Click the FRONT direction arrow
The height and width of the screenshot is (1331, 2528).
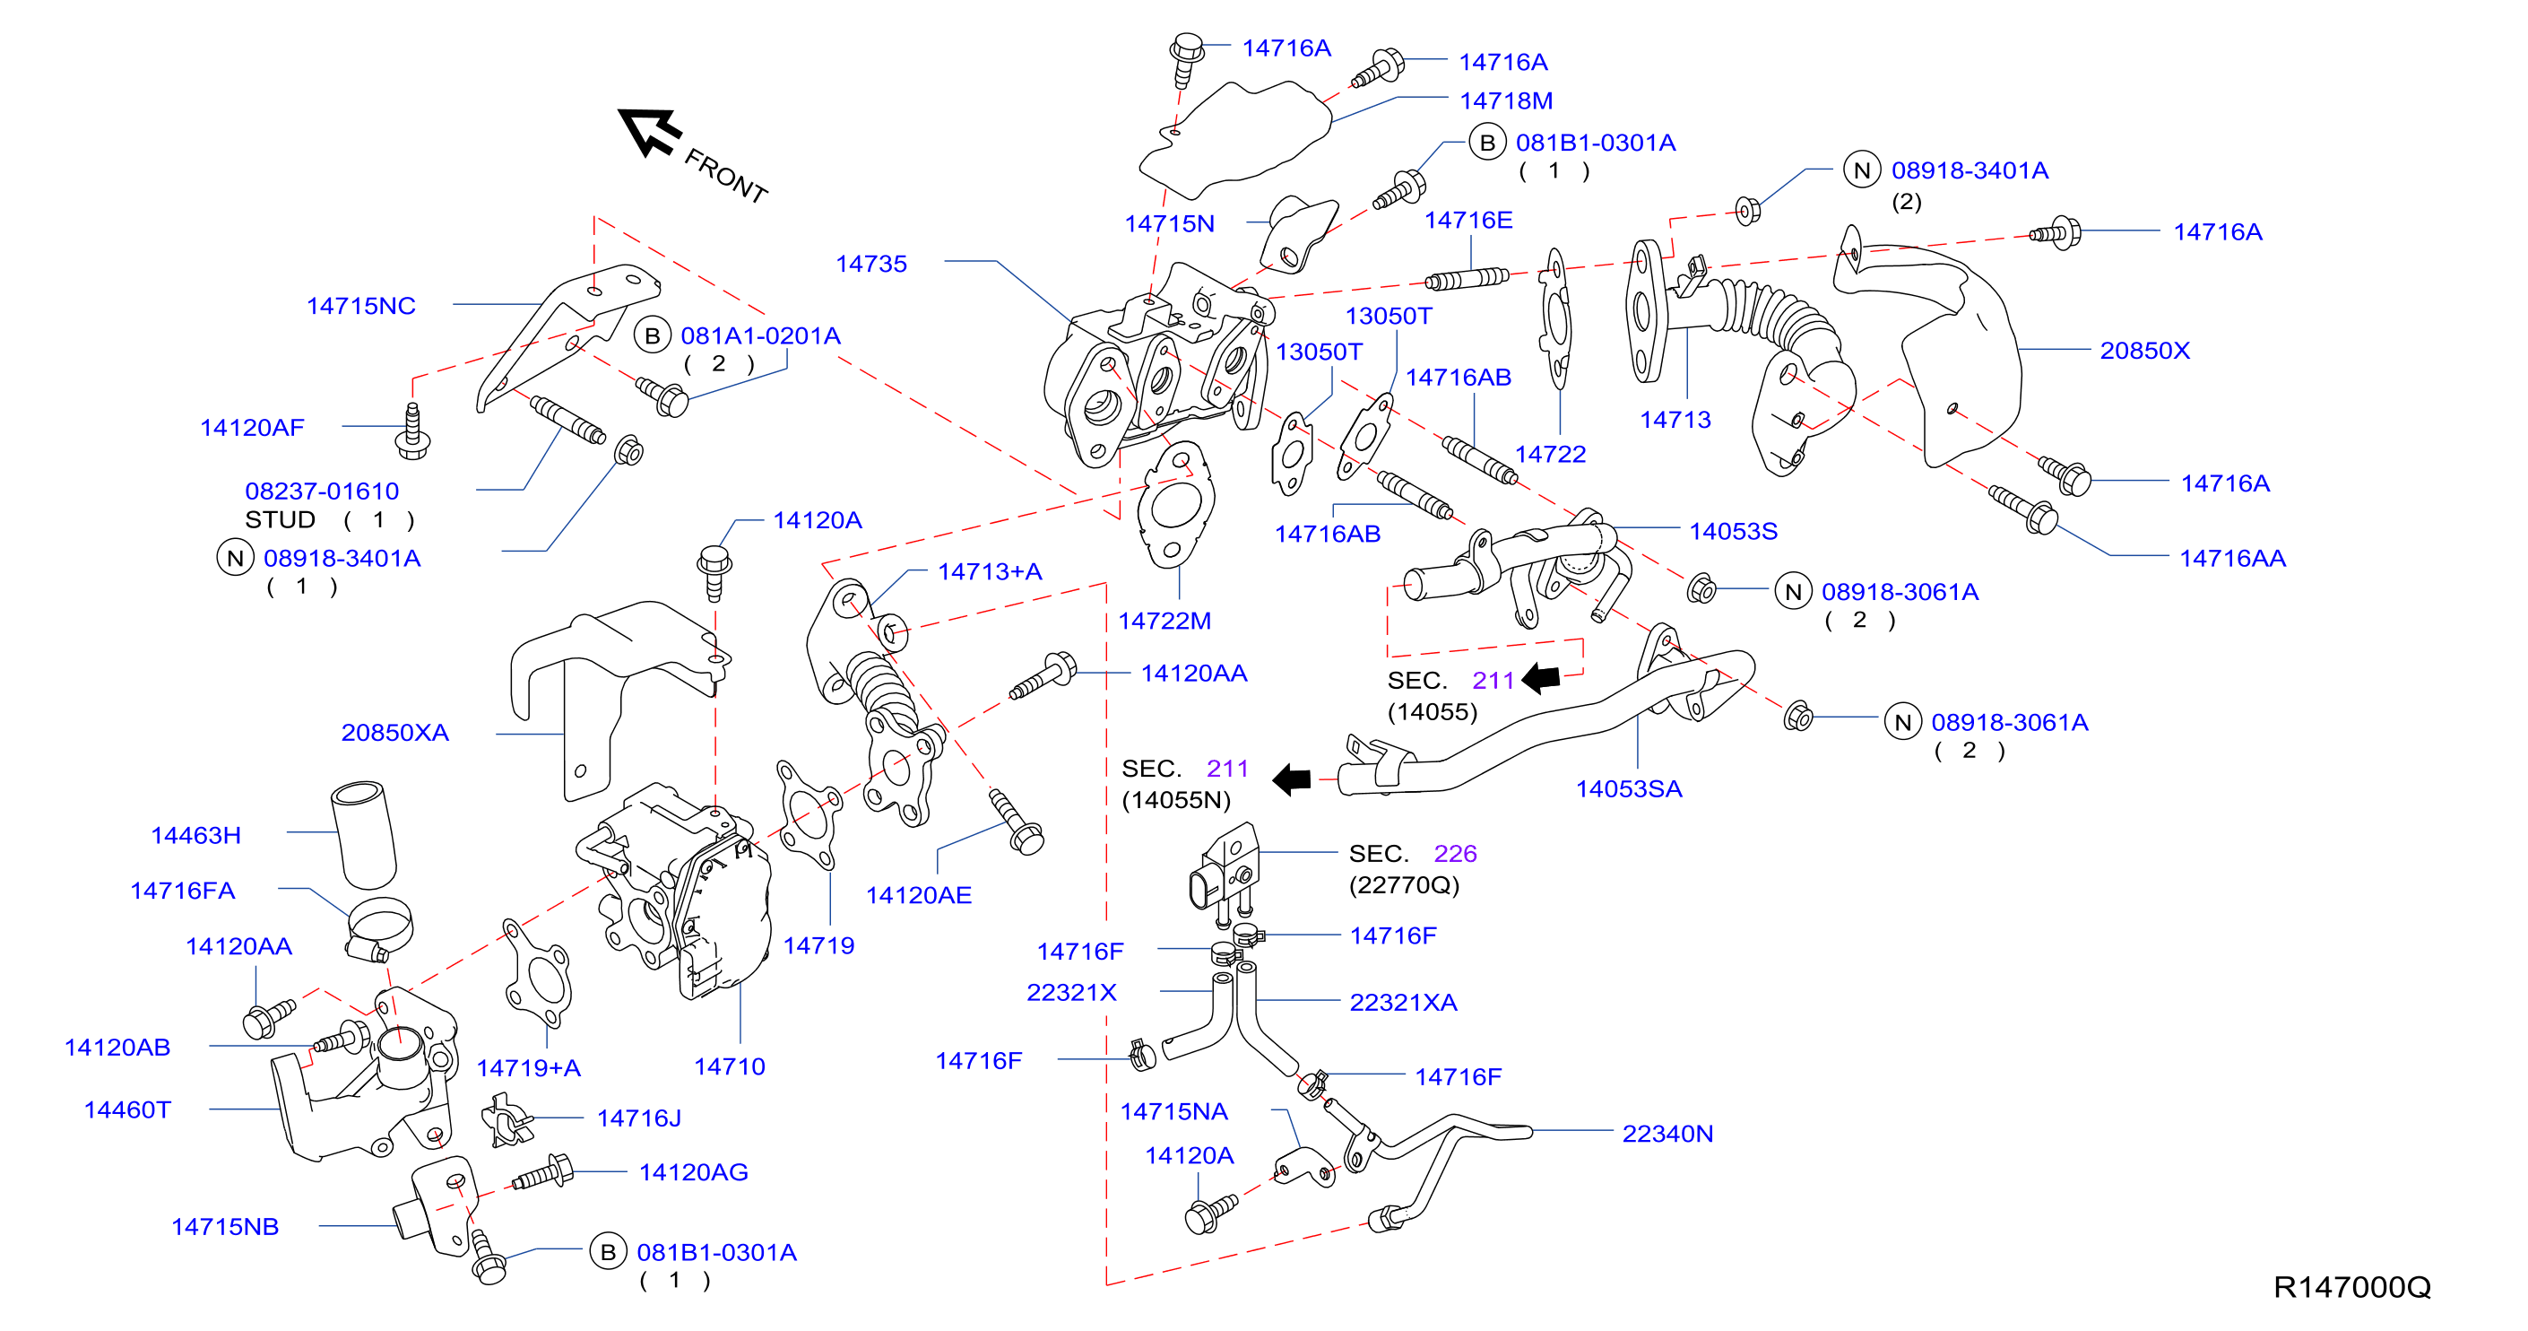pyautogui.click(x=649, y=133)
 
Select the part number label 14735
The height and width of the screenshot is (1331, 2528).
pyautogui.click(x=870, y=264)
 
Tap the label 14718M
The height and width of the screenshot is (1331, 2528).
pyautogui.click(x=1505, y=100)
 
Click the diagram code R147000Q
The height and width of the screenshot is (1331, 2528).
pyautogui.click(x=2351, y=1286)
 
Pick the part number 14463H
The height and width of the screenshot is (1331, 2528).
pyautogui.click(x=195, y=835)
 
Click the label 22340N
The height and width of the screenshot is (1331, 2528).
pyautogui.click(x=1667, y=1134)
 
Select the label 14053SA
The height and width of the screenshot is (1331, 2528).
pyautogui.click(x=1628, y=789)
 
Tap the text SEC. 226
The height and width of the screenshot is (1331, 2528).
pyautogui.click(x=1412, y=854)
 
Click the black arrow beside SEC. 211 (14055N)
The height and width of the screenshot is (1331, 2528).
pyautogui.click(x=1292, y=779)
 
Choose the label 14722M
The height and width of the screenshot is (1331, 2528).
pyautogui.click(x=1164, y=622)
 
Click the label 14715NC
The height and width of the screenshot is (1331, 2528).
pyautogui.click(x=360, y=306)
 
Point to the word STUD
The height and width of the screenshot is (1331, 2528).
pyautogui.click(x=280, y=519)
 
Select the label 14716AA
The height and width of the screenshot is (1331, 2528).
pyautogui.click(x=2231, y=559)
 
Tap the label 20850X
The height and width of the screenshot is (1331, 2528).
pyautogui.click(x=2144, y=351)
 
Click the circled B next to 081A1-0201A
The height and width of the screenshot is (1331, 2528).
pyautogui.click(x=652, y=335)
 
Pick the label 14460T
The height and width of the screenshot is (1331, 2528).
pyautogui.click(x=127, y=1110)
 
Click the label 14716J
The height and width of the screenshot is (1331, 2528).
pyautogui.click(x=638, y=1118)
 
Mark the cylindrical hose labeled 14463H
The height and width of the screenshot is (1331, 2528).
pyautogui.click(x=363, y=835)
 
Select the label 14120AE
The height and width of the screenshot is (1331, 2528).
pyautogui.click(x=919, y=895)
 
